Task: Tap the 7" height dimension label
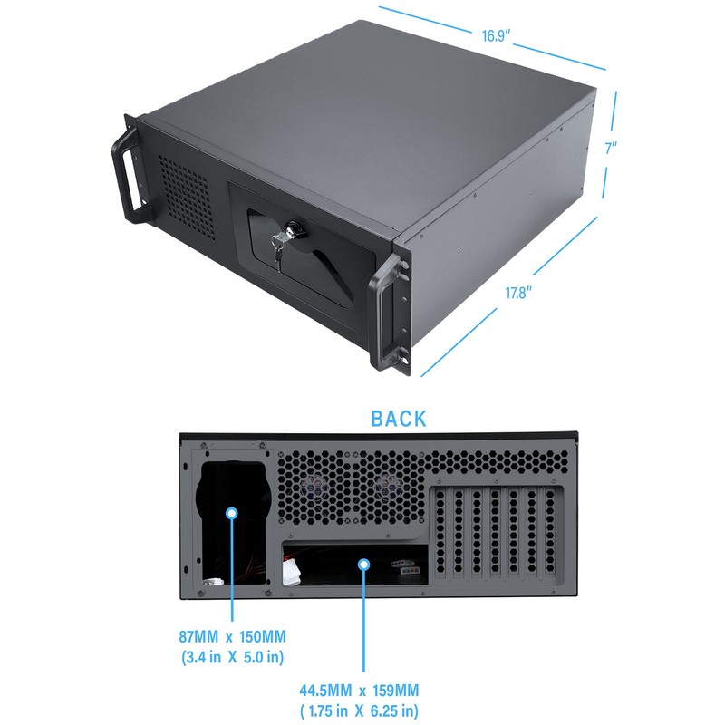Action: pyautogui.click(x=611, y=148)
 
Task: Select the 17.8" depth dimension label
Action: pyautogui.click(x=517, y=292)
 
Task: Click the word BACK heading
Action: pyautogui.click(x=398, y=419)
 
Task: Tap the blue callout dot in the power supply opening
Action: pyautogui.click(x=232, y=513)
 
